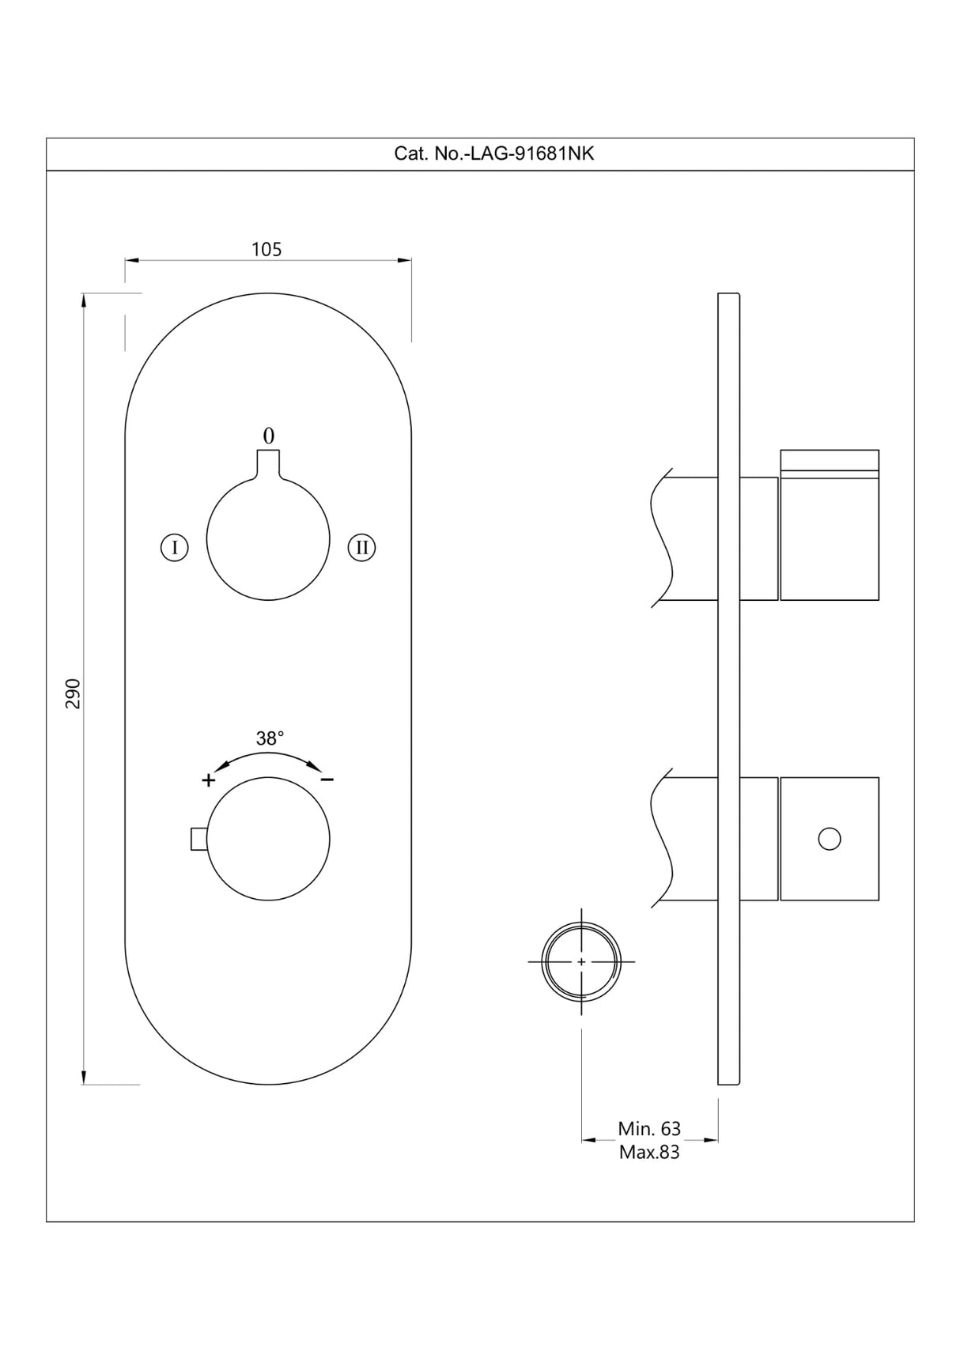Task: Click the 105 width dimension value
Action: [266, 250]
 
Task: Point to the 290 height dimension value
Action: [73, 693]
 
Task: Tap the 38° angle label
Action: [270, 738]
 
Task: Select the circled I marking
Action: [174, 547]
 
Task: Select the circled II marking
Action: [361, 547]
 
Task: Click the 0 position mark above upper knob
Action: [269, 436]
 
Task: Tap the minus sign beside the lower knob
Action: [327, 780]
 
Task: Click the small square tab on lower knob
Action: [198, 839]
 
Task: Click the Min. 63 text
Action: [649, 1129]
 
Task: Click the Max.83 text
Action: [649, 1153]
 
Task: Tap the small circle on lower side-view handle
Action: [830, 839]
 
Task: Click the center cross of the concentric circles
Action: [582, 962]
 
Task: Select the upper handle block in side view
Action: [830, 526]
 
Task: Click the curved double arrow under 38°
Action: [269, 757]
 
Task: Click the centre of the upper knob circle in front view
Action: [268, 539]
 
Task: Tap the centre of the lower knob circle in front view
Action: [268, 839]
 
